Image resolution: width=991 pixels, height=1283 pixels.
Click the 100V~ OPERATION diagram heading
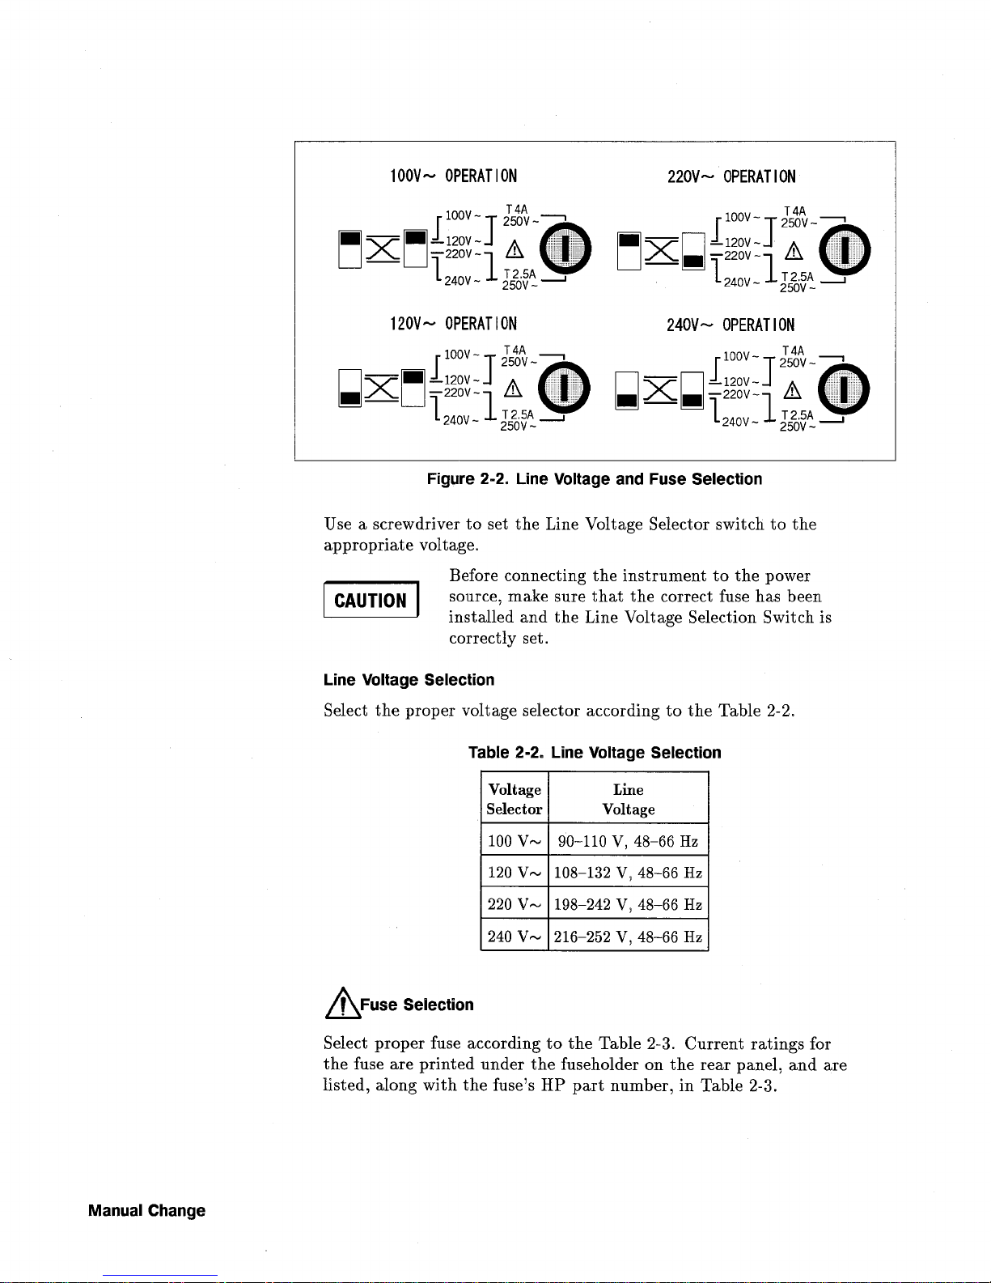453,176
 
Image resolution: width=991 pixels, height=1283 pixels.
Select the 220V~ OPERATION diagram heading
731,176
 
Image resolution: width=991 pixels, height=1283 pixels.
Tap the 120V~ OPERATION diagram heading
453,325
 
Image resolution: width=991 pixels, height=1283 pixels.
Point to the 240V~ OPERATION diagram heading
731,325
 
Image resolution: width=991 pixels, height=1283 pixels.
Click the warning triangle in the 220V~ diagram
791,251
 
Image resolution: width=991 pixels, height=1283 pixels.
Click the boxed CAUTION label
371,601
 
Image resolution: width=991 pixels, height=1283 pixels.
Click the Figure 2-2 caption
595,479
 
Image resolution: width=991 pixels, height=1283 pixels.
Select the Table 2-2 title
595,753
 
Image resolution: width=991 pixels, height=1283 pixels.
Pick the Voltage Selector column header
515,799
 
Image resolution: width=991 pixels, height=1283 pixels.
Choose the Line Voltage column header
629,799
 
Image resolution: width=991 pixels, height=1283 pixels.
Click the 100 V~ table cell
515,841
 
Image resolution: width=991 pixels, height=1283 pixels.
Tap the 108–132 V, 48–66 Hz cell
629,873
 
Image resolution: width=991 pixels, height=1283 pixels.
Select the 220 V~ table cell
515,905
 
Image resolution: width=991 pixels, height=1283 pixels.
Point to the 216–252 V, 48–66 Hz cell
629,937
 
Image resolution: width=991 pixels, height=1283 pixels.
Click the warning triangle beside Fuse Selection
341,1005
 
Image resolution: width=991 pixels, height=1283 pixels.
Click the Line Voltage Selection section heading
409,680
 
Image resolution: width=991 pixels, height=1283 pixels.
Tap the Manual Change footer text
147,1211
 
